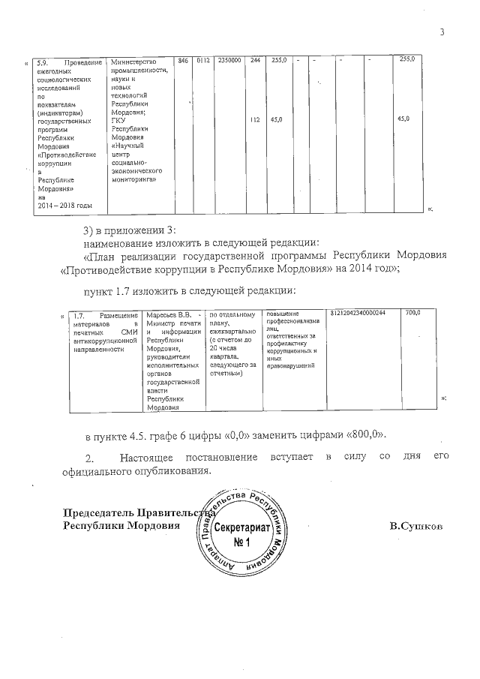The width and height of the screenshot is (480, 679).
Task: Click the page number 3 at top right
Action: click(x=442, y=32)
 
